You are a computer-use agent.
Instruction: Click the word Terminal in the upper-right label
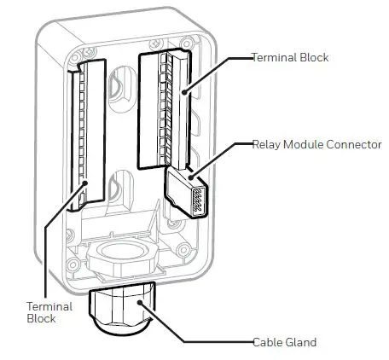point(271,58)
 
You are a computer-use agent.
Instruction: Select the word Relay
point(264,145)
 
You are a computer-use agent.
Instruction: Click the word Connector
point(353,145)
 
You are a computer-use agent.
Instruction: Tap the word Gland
point(301,343)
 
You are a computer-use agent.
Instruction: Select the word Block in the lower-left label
point(41,319)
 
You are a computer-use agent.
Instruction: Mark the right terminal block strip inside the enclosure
point(163,107)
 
